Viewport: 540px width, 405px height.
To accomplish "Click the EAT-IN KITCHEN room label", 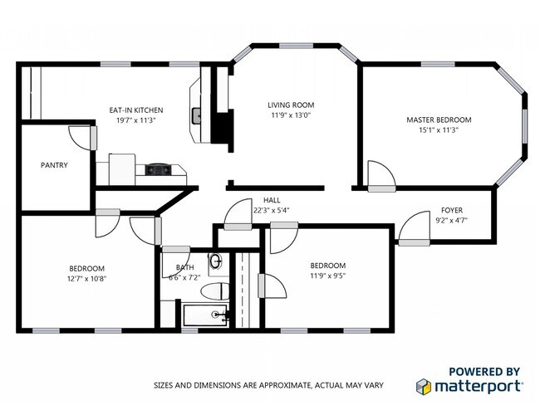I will pos(136,110).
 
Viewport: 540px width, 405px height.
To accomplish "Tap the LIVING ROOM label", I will pos(290,105).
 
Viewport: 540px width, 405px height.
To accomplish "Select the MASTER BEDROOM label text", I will pos(439,120).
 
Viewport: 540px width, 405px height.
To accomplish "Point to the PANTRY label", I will pos(54,165).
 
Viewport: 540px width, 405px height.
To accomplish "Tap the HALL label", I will pos(272,200).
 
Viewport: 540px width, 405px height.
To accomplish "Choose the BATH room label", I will pos(184,267).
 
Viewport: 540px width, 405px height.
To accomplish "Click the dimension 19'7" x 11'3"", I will pos(136,120).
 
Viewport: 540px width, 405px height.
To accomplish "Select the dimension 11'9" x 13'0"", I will pos(290,115).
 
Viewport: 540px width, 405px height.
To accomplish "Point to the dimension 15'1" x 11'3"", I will pos(439,130).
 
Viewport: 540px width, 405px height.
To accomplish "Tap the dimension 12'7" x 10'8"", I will pos(86,278).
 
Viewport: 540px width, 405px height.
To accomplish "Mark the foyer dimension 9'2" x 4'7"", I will pos(452,221).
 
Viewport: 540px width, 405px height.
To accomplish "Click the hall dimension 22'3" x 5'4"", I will pos(272,211).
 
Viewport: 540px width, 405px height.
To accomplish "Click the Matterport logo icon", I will pos(424,386).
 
